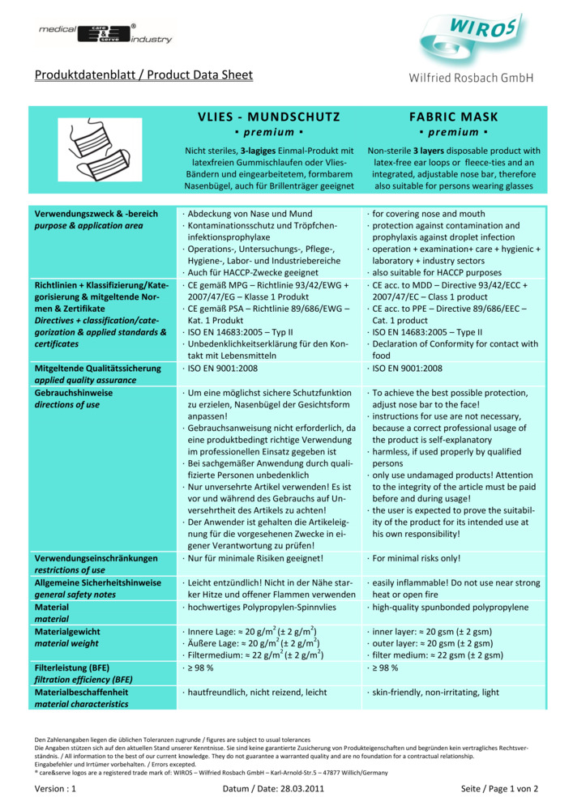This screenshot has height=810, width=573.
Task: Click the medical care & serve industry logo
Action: pyautogui.click(x=104, y=33)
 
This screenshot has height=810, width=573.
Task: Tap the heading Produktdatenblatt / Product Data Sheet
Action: pyautogui.click(x=143, y=75)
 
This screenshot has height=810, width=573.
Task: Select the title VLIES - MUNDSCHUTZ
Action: pyautogui.click(x=268, y=117)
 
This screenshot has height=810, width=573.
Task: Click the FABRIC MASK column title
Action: pyautogui.click(x=453, y=117)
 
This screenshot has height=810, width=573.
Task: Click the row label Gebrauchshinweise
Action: pyautogui.click(x=74, y=392)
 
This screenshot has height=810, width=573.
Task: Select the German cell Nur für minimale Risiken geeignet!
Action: pyautogui.click(x=255, y=558)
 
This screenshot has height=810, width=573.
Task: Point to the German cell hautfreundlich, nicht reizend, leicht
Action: pyautogui.click(x=257, y=693)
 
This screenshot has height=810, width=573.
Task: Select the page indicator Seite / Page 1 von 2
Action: pyautogui.click(x=499, y=787)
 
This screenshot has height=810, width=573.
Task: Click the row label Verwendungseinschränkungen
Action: pyautogui.click(x=96, y=558)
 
